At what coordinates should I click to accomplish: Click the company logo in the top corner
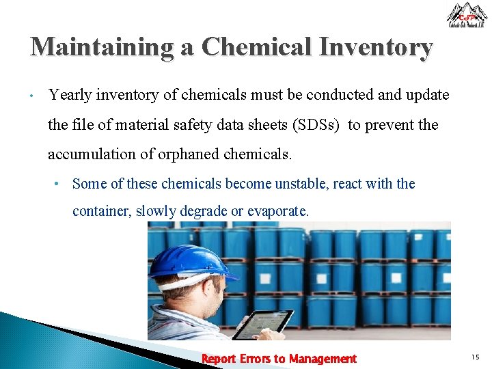[x=467, y=15]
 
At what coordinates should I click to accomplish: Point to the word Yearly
[x=71, y=95]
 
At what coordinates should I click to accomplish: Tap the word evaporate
[x=277, y=211]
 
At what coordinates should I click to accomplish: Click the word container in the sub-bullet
[x=102, y=211]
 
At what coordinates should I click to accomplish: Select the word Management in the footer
[x=323, y=359]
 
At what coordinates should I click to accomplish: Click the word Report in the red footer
[x=219, y=359]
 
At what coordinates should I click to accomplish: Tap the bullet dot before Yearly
[x=32, y=96]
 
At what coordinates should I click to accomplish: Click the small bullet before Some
[x=60, y=184]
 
